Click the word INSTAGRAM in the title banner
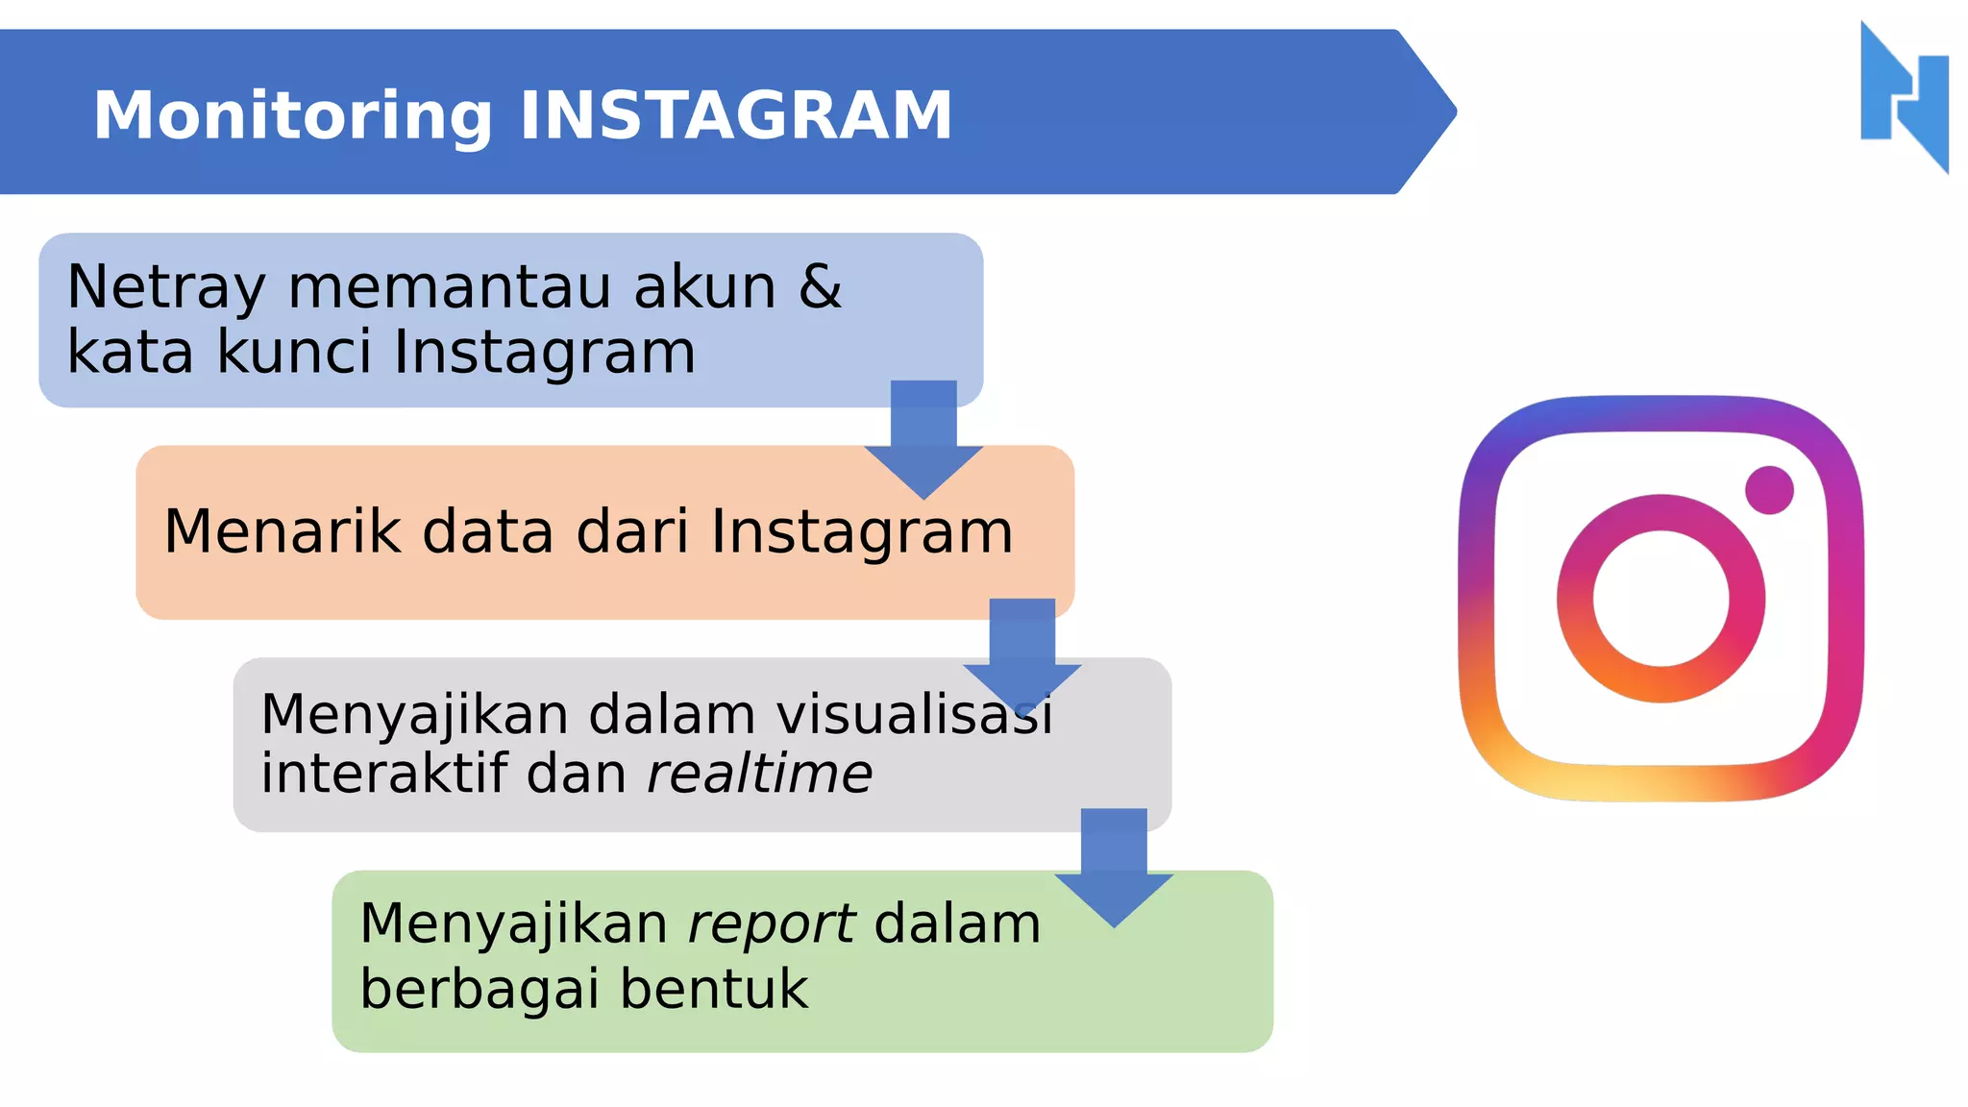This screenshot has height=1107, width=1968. pos(735,115)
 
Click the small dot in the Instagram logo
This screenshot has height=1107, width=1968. pos(1769,490)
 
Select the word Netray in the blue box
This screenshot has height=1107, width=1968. pos(166,286)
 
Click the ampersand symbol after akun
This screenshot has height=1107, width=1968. pos(820,286)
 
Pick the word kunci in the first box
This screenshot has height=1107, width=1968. pos(293,352)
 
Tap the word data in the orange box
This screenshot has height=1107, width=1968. pos(488,531)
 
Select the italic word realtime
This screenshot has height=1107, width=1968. pos(759,774)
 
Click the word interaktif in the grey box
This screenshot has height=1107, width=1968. pos(384,774)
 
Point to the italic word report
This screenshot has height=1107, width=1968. pos(771,924)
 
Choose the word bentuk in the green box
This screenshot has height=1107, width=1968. pos(714,989)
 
